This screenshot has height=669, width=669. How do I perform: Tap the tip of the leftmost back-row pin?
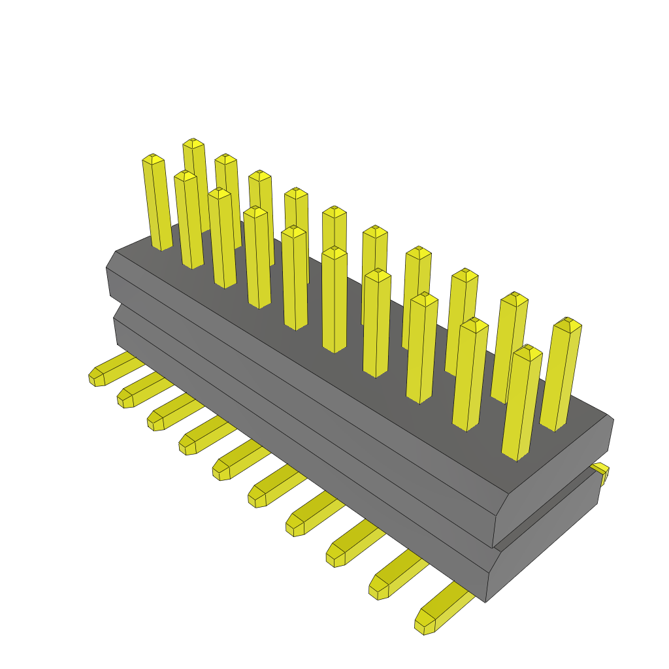(193, 142)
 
